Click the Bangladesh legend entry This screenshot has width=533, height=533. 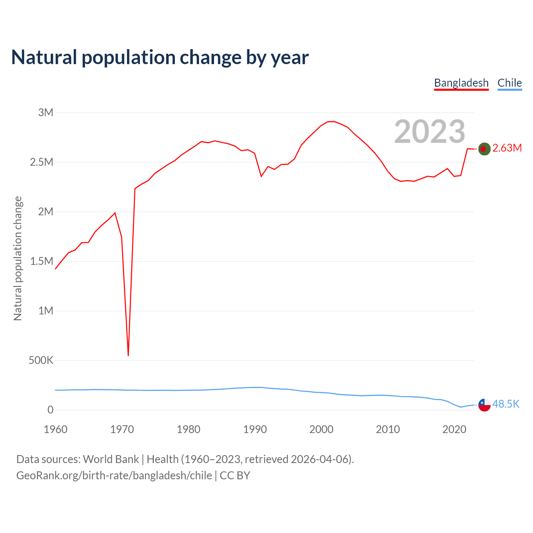[461, 83]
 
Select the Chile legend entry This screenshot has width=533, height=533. [509, 83]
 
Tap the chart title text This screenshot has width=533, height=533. [160, 57]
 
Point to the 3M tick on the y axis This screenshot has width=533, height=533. [46, 112]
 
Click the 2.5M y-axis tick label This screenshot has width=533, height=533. [42, 162]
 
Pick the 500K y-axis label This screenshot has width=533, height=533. [41, 360]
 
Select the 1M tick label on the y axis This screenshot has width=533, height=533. [46, 311]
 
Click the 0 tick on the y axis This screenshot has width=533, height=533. [50, 410]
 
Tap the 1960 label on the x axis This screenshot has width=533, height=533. [55, 429]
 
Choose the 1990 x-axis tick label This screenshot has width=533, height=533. [255, 429]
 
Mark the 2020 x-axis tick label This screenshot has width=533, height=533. [454, 429]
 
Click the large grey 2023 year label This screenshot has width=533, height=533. [429, 132]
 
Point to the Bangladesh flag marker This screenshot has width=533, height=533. [484, 149]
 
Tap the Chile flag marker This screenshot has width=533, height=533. [484, 405]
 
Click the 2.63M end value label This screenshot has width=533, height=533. [507, 148]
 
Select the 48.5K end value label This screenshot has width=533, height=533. [506, 404]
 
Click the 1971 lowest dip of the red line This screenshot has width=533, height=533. [128, 355]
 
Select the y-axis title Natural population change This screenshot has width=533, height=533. [17, 258]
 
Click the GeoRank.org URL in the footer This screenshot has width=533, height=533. [114, 476]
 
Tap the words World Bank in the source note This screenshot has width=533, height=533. [111, 459]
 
